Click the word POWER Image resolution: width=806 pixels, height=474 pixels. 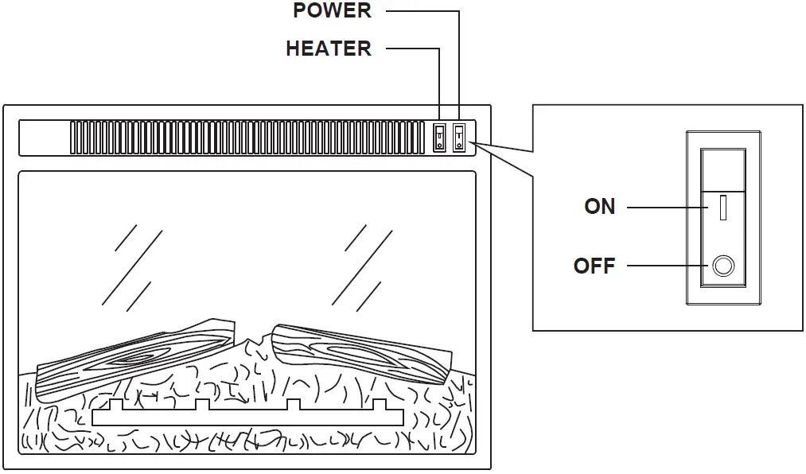tap(332, 11)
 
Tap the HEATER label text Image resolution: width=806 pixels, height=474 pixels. tap(328, 49)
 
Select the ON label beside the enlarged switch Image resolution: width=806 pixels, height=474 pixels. tap(599, 207)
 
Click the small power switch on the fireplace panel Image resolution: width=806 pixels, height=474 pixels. tap(459, 138)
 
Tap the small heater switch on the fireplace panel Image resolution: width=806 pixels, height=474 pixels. tap(439, 138)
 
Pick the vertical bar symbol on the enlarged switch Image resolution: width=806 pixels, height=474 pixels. tap(722, 208)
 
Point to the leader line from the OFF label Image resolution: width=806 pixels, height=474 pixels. tap(664, 266)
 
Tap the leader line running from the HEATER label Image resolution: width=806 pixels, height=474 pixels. tap(414, 49)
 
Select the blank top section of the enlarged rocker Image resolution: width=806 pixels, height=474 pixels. tap(722, 168)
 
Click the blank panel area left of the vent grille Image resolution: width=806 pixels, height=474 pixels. tap(45, 138)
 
